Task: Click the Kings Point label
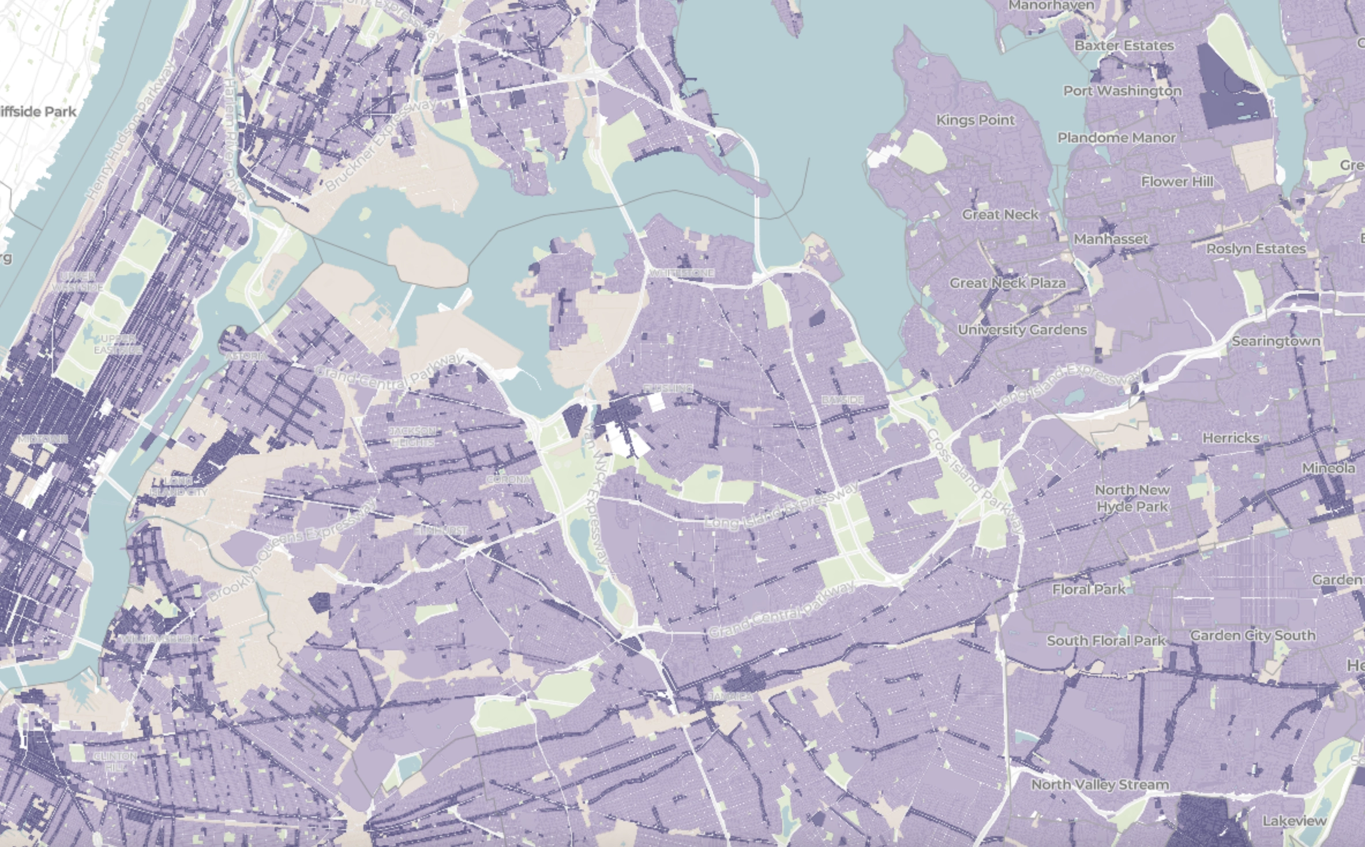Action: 975,120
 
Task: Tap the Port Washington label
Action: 1122,91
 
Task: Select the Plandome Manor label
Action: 1116,138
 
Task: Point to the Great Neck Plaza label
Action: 1007,283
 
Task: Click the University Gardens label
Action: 1022,330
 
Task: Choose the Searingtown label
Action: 1276,342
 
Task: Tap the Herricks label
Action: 1231,439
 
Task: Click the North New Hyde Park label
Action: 1132,499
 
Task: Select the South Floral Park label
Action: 1106,641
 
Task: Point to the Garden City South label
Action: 1252,636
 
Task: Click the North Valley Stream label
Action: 1100,785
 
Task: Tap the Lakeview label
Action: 1295,821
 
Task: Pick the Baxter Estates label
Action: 1124,46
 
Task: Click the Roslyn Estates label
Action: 1256,249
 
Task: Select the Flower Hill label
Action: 1177,182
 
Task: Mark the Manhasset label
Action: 1111,239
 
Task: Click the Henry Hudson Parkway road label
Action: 130,132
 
